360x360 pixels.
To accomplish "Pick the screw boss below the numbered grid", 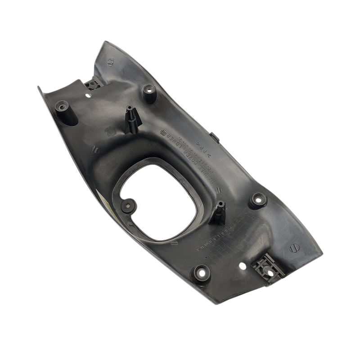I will (200, 271).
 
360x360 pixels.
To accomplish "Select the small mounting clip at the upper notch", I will (94, 83).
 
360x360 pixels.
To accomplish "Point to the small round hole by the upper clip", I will (88, 95).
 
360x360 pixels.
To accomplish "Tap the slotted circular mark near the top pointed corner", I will (110, 62).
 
